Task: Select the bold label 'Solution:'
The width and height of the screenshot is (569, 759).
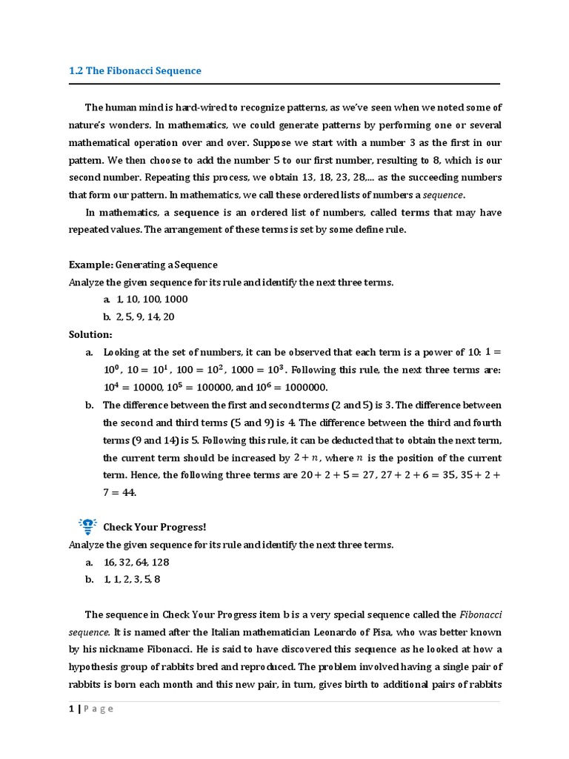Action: click(x=90, y=334)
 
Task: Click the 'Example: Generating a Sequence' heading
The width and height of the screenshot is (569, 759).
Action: click(x=143, y=265)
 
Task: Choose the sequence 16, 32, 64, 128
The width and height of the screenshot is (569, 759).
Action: click(x=139, y=563)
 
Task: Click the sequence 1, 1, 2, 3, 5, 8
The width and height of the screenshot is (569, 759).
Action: click(x=131, y=580)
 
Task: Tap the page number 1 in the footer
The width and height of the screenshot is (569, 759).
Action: click(x=71, y=709)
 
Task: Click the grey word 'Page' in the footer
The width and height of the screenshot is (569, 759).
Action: click(x=99, y=709)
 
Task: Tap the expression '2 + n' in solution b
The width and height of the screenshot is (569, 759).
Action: click(x=307, y=458)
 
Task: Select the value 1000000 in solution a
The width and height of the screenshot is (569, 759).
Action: click(x=304, y=388)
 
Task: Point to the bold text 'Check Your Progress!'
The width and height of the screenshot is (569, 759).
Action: click(x=154, y=527)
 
